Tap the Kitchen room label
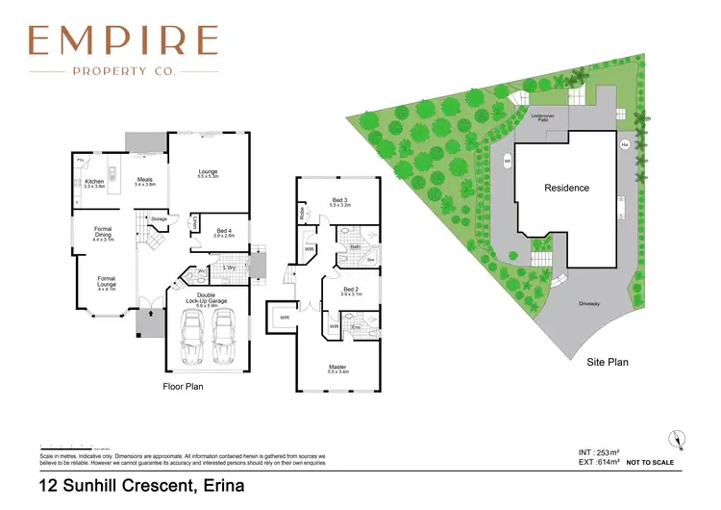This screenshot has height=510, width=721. coord(93,181)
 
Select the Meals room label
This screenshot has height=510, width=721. coord(144,178)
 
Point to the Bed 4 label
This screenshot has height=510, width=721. coord(223,231)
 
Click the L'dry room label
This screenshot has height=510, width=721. coord(229,267)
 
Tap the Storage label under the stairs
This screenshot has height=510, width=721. coord(159,218)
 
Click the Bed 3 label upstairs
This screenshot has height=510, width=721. coord(338,201)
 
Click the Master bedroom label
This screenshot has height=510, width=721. coord(337,368)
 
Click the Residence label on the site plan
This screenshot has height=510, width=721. coord(566,188)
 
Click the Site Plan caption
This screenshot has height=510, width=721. coord(607,363)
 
